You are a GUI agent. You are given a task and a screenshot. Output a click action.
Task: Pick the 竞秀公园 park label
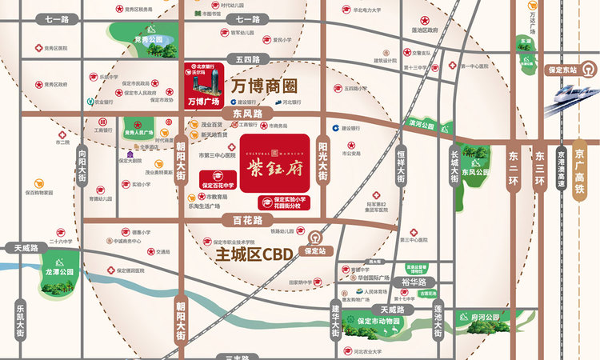pos(148,38)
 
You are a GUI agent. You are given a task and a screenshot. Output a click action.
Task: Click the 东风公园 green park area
pos(475,172)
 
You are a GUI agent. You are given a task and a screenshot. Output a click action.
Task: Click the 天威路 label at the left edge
pos(20,248)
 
